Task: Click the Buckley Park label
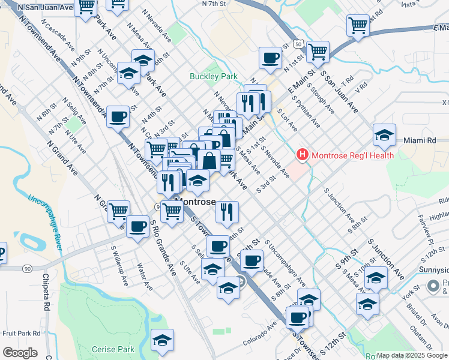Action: pos(214,76)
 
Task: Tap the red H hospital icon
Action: pos(303,155)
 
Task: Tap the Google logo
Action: pos(20,353)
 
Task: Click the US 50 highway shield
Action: pos(298,43)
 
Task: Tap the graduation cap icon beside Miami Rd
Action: pos(384,136)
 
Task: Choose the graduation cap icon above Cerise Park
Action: pos(162,340)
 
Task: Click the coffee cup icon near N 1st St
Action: pos(270,58)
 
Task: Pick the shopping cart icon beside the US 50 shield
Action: pos(318,51)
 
